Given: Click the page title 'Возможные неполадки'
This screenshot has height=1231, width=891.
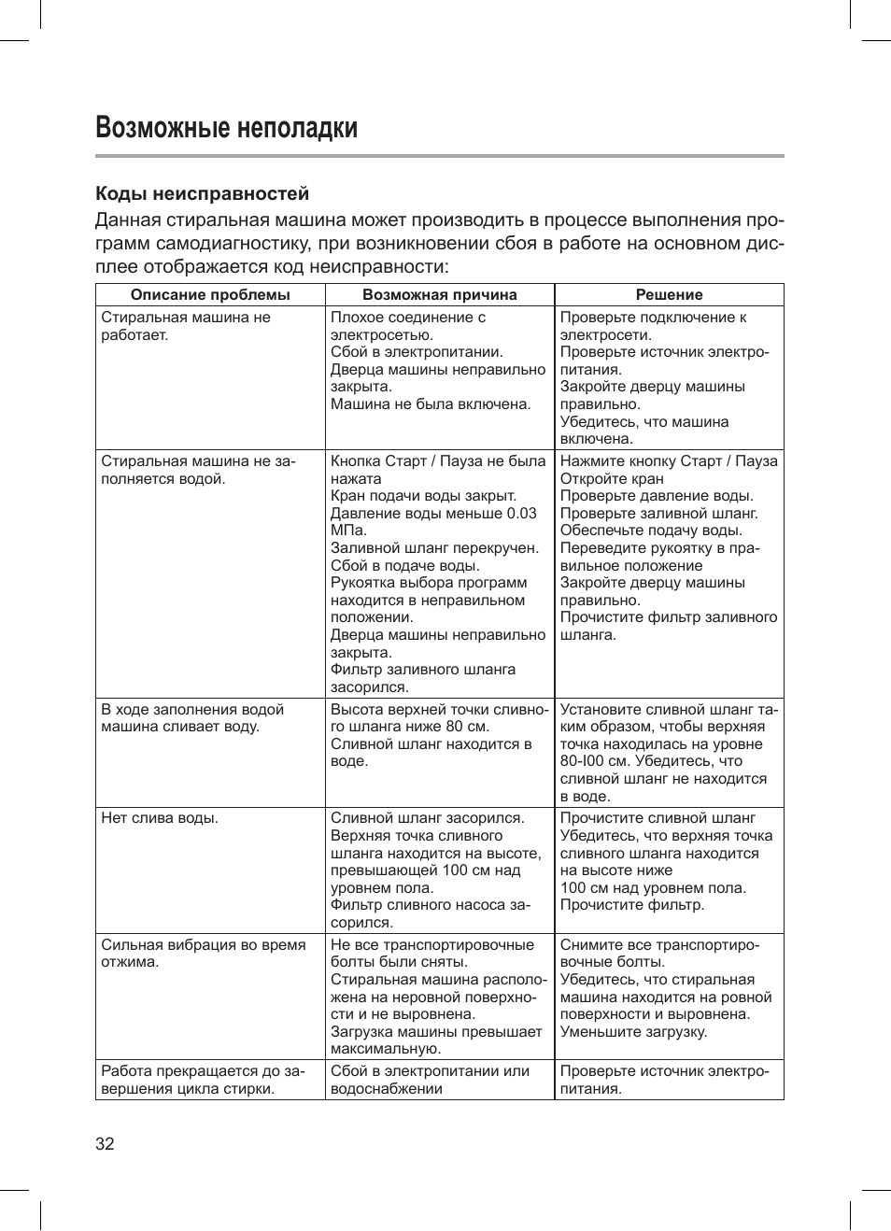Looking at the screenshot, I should [x=226, y=127].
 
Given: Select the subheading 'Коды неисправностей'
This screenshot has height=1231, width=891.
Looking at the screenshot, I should [x=202, y=193].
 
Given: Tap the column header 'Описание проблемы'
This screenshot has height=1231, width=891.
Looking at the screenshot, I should [x=210, y=295].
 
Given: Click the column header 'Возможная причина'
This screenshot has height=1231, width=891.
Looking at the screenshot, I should [x=439, y=295].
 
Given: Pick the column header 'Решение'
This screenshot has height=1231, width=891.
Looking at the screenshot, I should [x=669, y=295].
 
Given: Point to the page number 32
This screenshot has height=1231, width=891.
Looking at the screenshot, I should [x=105, y=1144].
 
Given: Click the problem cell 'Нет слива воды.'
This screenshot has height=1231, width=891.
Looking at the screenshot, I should [x=159, y=818].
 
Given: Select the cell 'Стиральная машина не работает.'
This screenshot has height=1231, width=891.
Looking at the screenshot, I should [x=185, y=326].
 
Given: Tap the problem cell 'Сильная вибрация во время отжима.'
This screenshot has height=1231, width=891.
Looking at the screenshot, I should [x=203, y=954].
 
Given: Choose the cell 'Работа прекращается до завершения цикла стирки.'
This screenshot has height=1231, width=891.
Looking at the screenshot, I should [x=203, y=1080].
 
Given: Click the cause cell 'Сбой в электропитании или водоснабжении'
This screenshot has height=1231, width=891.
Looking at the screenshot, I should [x=430, y=1080].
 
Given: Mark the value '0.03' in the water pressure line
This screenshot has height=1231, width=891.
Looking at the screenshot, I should [x=521, y=513].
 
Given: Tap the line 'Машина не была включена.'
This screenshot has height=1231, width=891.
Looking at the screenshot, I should [x=431, y=404].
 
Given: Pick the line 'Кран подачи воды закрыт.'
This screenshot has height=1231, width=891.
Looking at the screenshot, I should [x=423, y=496].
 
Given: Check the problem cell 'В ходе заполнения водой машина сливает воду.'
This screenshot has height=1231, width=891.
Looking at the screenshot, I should [x=192, y=718].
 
